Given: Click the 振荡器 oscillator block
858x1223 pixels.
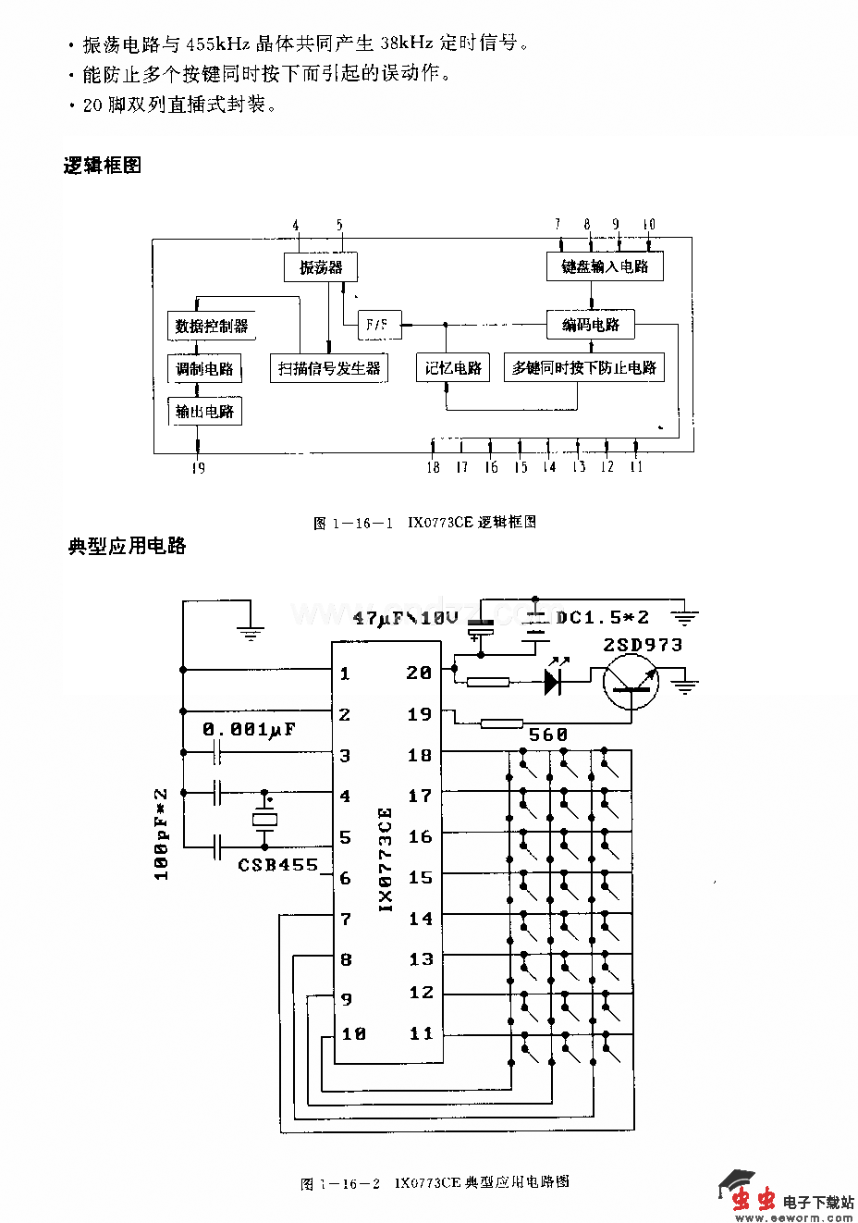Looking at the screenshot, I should [320, 267].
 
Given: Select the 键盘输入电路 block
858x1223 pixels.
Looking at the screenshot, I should [605, 266].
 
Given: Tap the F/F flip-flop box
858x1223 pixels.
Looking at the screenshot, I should [378, 325].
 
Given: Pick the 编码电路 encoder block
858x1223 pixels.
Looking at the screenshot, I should [591, 325].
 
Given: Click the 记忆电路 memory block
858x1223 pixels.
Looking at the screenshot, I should [453, 367].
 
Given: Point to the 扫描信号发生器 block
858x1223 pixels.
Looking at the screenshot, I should [329, 368].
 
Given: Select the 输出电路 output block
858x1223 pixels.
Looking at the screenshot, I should [204, 411].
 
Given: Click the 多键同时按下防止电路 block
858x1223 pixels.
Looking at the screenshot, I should [584, 367].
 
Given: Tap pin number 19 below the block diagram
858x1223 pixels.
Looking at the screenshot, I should [198, 468].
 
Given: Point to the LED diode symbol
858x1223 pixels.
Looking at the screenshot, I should [554, 682].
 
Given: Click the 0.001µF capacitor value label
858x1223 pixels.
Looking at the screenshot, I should [249, 730].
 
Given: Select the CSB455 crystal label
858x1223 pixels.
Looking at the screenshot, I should [277, 866].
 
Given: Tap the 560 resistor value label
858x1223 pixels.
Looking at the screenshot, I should [547, 735].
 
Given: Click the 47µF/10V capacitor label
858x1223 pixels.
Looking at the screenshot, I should [406, 617].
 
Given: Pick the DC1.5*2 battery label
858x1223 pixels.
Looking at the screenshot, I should [602, 617].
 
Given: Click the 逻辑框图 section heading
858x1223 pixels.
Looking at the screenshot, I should [102, 166].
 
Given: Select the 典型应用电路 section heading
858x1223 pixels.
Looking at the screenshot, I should [127, 546].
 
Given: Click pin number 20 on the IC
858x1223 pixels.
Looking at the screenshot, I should [419, 673].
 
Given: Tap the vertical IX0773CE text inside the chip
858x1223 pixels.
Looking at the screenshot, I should [386, 860].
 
